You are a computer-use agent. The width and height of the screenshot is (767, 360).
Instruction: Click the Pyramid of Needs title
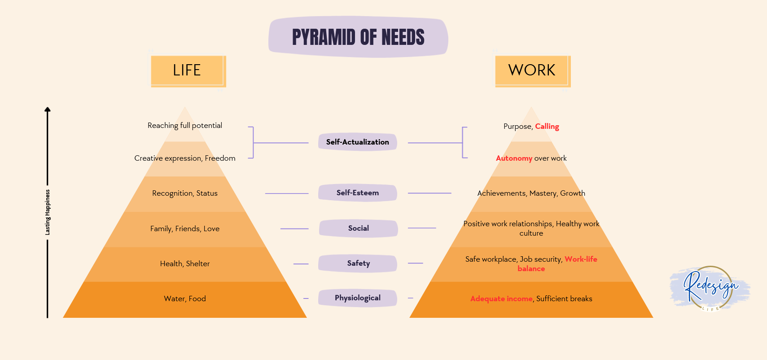tap(358, 37)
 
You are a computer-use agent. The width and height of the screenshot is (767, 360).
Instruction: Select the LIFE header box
tap(187, 70)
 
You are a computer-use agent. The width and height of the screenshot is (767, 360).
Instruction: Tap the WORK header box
tap(532, 70)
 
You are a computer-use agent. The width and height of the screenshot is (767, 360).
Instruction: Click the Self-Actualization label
tap(358, 142)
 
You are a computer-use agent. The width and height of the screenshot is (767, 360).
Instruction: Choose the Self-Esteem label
tap(358, 193)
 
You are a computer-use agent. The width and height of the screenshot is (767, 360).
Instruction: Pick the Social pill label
tap(358, 228)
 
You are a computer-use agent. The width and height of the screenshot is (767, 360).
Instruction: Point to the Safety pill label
tap(358, 263)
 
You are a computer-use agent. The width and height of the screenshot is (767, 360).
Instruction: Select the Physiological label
tap(358, 298)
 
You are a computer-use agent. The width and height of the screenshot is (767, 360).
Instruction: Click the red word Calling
tap(547, 127)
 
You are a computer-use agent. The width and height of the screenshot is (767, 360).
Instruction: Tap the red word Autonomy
tap(514, 158)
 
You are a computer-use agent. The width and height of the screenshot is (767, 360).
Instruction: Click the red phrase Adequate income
tap(501, 299)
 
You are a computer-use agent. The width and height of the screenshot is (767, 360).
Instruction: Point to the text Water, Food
tap(185, 299)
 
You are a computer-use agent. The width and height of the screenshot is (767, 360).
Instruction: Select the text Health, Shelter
tap(185, 264)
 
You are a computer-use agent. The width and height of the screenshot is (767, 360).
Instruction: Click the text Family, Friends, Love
tap(185, 229)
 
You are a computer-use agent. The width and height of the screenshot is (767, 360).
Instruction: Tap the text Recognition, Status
tap(185, 193)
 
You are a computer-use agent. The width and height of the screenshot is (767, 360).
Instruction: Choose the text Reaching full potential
tap(185, 126)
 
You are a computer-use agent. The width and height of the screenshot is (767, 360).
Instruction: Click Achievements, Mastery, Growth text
tap(531, 193)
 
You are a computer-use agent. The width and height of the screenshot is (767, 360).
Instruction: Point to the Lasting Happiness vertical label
tap(48, 212)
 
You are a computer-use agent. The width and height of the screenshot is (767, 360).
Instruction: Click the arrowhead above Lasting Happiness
tap(48, 110)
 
